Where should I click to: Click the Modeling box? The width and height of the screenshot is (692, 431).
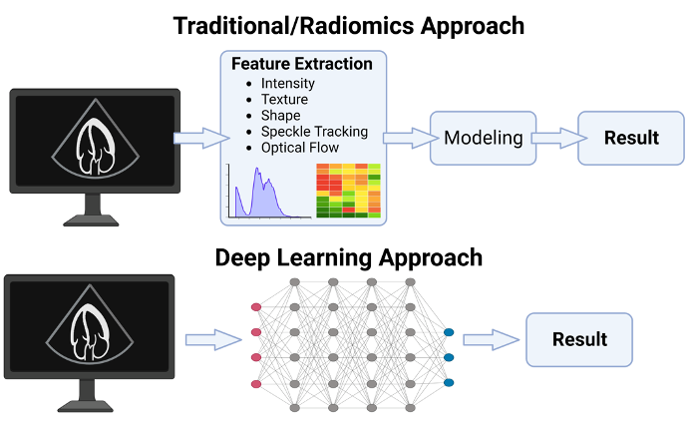tap(484, 138)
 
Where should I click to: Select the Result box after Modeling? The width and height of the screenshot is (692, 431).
tap(631, 138)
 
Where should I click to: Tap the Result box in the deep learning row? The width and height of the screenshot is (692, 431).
tap(579, 339)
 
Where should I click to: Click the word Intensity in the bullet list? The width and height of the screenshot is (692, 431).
tap(288, 84)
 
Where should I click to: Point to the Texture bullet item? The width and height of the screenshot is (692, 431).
tap(284, 100)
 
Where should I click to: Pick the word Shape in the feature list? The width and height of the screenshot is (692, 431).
tap(280, 116)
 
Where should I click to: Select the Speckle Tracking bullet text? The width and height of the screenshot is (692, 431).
tap(314, 132)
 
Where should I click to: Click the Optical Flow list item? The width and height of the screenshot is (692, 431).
tap(300, 148)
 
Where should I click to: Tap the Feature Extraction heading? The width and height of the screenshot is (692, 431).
tap(302, 64)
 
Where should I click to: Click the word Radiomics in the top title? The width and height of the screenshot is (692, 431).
tap(357, 26)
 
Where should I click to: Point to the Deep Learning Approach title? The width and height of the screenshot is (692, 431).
tap(349, 257)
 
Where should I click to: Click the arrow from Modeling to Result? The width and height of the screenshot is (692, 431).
tap(559, 138)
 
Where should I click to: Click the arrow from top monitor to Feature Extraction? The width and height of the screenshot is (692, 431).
tap(201, 138)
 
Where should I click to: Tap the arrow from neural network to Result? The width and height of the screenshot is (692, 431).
tap(491, 339)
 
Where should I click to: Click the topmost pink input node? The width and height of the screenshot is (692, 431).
tap(256, 307)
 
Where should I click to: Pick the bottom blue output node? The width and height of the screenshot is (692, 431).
tap(449, 383)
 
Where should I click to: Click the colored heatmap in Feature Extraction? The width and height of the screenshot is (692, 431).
tap(348, 191)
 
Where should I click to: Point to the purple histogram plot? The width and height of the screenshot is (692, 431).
tap(269, 192)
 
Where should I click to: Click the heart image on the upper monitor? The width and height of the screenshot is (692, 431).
tap(96, 147)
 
